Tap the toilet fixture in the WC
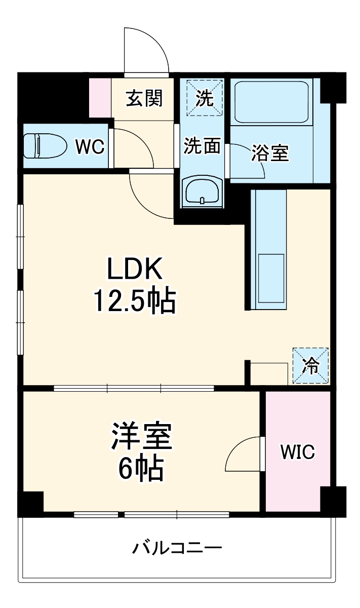[46, 146]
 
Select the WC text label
[90, 146]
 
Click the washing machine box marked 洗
[204, 97]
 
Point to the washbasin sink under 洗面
[202, 192]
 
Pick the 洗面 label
[202, 146]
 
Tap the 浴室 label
[270, 154]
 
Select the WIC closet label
[298, 451]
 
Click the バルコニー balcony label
[177, 548]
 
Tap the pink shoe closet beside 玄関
[100, 97]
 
